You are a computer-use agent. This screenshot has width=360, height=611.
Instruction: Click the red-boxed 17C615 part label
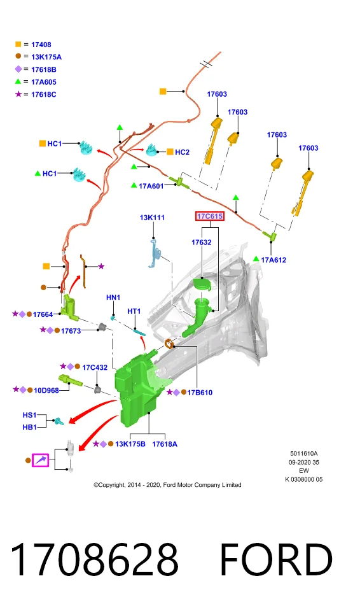click(x=210, y=216)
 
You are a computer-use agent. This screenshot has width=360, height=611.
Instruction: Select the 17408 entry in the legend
click(x=41, y=45)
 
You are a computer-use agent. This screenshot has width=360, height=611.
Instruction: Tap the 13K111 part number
click(x=152, y=218)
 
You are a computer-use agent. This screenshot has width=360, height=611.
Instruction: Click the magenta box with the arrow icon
click(x=41, y=460)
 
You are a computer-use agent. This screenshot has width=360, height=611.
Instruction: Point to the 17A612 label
click(x=273, y=260)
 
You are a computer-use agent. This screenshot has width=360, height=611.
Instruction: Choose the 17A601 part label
click(x=151, y=186)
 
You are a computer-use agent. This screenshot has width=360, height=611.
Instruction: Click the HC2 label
click(x=182, y=152)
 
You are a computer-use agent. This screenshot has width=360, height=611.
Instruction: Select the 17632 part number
click(x=202, y=242)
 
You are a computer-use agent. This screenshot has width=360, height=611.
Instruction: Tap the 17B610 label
click(x=200, y=393)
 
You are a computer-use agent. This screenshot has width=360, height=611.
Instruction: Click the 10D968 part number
click(x=46, y=390)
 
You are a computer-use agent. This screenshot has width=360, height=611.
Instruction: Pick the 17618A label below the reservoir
click(x=164, y=444)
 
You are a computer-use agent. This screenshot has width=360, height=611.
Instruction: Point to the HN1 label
click(x=113, y=297)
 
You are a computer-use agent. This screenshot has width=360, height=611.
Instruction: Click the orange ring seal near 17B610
click(x=169, y=344)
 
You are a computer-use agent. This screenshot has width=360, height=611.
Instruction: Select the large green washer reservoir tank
click(x=136, y=390)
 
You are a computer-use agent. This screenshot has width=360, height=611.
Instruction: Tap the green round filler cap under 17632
click(x=203, y=283)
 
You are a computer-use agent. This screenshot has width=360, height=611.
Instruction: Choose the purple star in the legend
click(x=18, y=94)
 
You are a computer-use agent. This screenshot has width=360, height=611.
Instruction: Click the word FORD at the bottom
click(x=276, y=559)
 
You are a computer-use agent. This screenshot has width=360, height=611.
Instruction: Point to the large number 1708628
click(x=94, y=559)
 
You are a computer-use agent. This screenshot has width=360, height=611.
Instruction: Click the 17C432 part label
click(x=95, y=367)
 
